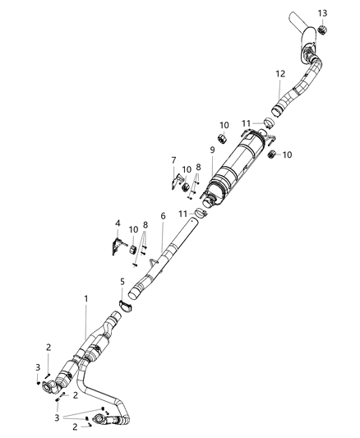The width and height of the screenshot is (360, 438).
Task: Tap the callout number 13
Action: tap(323, 13)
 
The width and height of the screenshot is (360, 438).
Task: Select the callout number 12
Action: tap(279, 74)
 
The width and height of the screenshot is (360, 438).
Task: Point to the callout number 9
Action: tap(211, 150)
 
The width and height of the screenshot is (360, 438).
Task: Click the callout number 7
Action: tap(173, 160)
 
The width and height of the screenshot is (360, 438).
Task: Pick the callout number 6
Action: tap(163, 216)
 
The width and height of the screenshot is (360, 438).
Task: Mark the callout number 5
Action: tap(122, 281)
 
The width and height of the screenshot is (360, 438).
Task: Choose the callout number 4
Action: tap(118, 224)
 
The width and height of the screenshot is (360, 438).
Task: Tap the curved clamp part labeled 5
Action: tap(126, 307)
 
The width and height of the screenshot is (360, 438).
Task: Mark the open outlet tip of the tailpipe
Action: tap(295, 17)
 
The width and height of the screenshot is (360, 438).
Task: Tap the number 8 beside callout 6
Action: tap(145, 224)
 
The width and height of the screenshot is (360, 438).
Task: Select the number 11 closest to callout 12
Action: tap(246, 122)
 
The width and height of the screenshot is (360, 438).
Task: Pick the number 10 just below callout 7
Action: tap(187, 169)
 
